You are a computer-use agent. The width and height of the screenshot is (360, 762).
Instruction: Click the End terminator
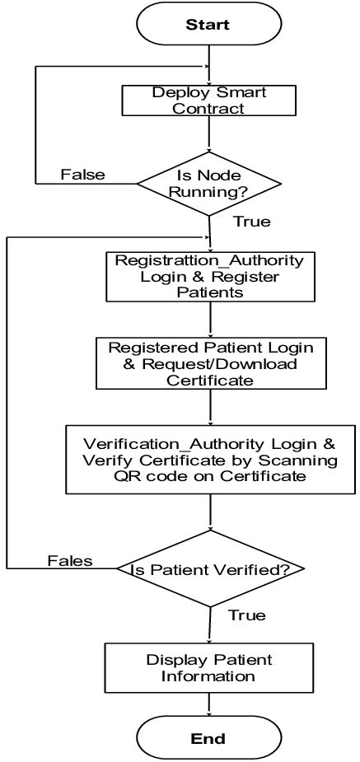click(x=208, y=737)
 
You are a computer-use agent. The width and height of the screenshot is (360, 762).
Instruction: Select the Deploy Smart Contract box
click(x=208, y=100)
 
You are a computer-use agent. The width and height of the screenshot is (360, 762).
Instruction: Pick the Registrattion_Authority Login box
click(x=209, y=276)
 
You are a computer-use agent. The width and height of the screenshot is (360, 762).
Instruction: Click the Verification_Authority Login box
click(x=212, y=458)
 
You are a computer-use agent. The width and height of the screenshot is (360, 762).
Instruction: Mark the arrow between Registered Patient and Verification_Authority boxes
click(x=211, y=407)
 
